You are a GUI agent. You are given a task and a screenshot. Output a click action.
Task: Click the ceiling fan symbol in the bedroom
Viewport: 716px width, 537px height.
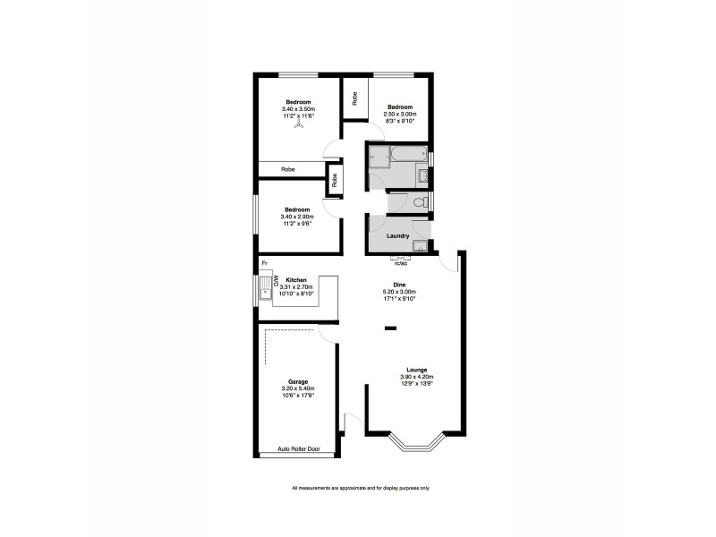[x=298, y=126]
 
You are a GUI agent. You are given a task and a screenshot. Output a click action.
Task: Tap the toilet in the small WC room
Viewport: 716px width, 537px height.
[x=419, y=202]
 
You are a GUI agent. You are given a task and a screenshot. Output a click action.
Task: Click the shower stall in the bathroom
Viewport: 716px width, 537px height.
[x=378, y=157]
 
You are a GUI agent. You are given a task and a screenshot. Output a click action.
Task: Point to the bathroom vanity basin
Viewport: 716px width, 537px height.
[x=422, y=176]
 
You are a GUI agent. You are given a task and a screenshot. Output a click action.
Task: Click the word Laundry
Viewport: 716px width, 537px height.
[x=397, y=236]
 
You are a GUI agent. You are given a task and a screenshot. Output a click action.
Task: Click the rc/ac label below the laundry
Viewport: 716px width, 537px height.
[x=401, y=263]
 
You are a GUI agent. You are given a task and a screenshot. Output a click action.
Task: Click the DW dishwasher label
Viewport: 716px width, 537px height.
[x=277, y=279]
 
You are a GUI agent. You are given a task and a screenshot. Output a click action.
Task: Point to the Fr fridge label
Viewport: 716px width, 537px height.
[x=264, y=262]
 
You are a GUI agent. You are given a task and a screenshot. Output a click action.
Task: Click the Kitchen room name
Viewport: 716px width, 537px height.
[x=297, y=279]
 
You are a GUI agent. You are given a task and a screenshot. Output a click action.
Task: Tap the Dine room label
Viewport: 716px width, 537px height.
[x=388, y=284]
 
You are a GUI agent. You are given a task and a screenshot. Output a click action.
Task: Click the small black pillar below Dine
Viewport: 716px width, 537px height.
[x=390, y=328]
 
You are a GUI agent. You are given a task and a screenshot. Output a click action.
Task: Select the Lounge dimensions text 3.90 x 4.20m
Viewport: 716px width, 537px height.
[x=415, y=377]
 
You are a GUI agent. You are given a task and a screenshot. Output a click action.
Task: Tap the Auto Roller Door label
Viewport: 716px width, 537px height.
[x=298, y=448]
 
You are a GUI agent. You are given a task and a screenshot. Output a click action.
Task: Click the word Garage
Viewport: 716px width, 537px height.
[x=298, y=380]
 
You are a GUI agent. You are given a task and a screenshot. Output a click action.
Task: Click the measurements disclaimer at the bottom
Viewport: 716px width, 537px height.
[x=361, y=488]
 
